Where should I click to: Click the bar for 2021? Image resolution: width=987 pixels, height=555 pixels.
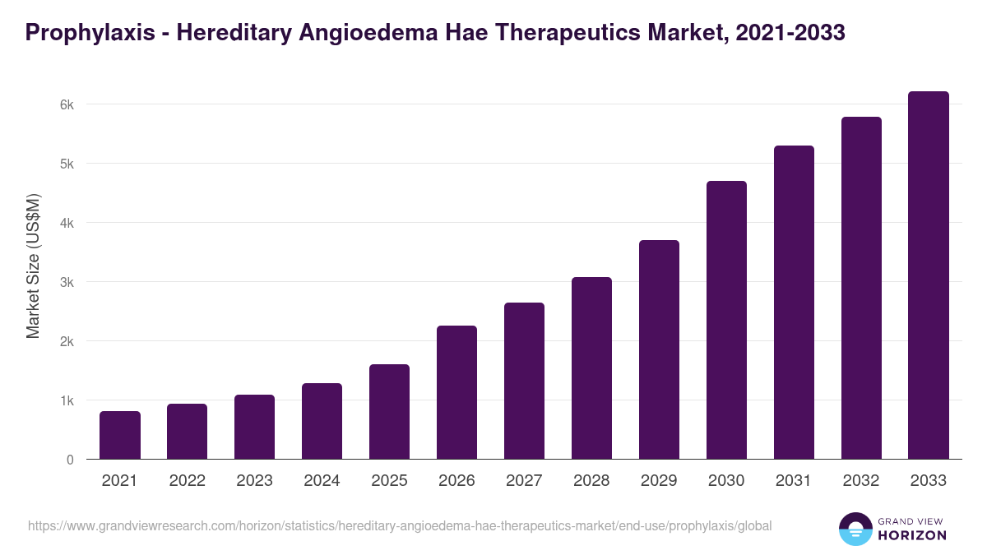pyautogui.click(x=120, y=435)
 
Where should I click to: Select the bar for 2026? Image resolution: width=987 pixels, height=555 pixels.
pyautogui.click(x=456, y=392)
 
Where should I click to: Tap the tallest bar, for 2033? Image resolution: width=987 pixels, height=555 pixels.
pyautogui.click(x=929, y=275)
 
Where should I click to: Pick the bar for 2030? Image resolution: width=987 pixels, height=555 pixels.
pyautogui.click(x=726, y=320)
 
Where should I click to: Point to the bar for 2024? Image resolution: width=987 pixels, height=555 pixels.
pyautogui.click(x=322, y=421)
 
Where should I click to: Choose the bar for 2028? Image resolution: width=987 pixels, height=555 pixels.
pyautogui.click(x=591, y=368)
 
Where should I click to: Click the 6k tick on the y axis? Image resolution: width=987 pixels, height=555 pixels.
pyautogui.click(x=66, y=104)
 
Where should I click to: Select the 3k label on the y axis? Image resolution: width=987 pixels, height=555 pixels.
pyautogui.click(x=66, y=282)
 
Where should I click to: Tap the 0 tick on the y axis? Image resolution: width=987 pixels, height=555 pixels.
pyautogui.click(x=70, y=460)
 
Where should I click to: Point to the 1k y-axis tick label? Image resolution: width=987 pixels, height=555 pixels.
pyautogui.click(x=66, y=400)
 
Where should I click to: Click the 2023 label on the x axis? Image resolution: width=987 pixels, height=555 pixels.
pyautogui.click(x=254, y=481)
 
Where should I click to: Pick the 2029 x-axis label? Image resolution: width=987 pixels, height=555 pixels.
pyautogui.click(x=659, y=481)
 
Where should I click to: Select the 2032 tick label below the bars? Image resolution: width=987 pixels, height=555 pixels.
pyautogui.click(x=861, y=481)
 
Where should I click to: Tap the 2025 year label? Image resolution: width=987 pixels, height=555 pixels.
pyautogui.click(x=389, y=481)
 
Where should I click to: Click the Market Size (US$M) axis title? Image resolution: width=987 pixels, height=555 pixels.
pyautogui.click(x=33, y=265)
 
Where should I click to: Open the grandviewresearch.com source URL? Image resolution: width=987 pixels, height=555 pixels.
pyautogui.click(x=400, y=525)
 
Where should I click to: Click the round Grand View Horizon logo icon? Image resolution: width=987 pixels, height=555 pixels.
pyautogui.click(x=855, y=529)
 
